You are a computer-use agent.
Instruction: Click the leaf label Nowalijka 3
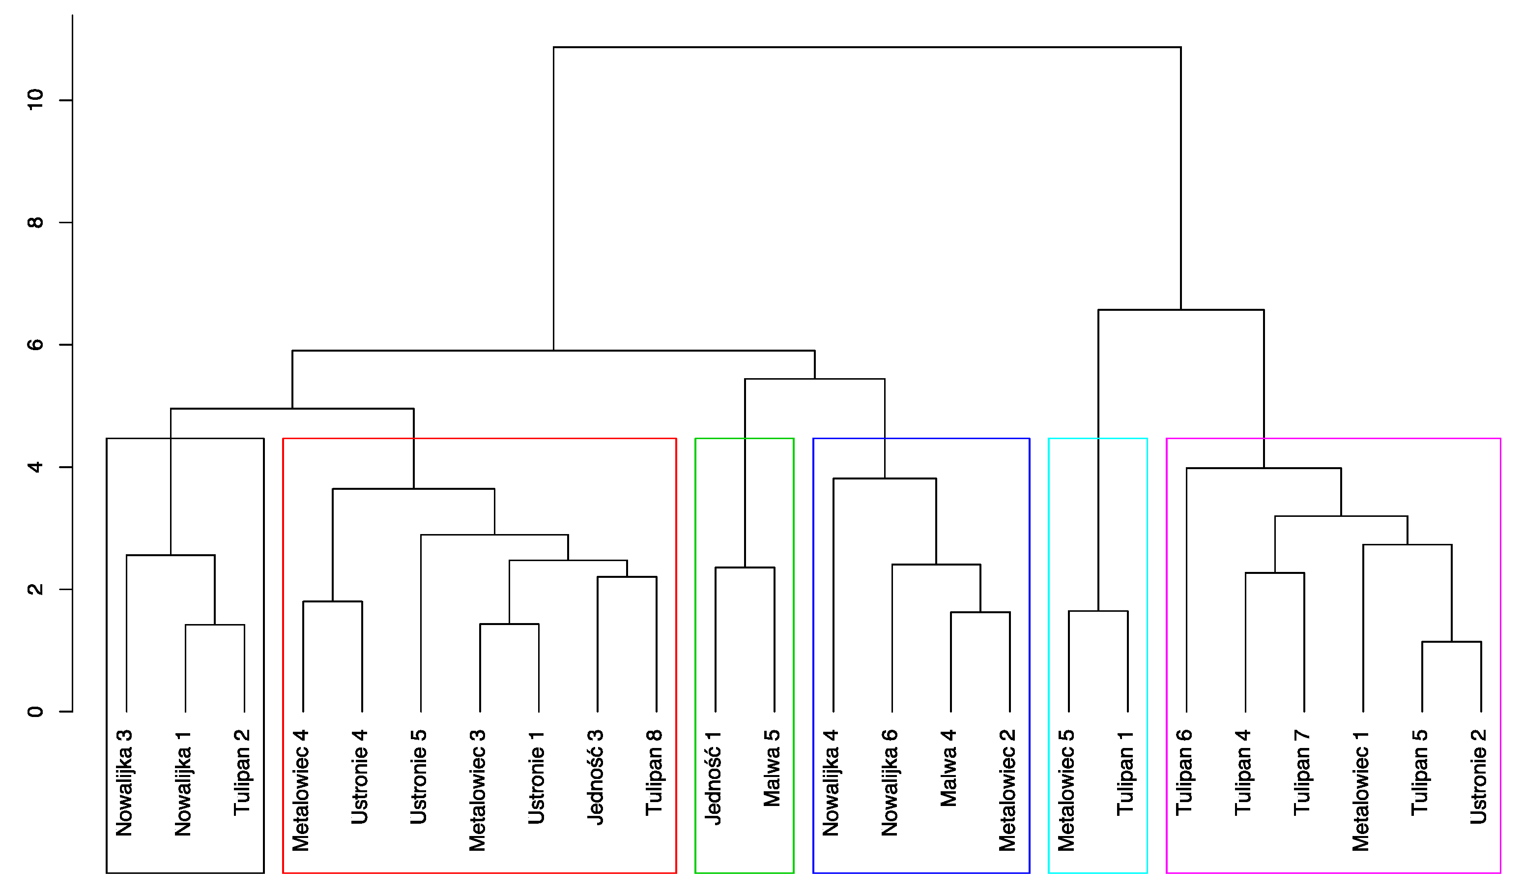tap(124, 783)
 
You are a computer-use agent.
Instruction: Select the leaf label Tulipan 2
tap(242, 772)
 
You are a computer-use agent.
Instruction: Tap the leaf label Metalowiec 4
tap(300, 790)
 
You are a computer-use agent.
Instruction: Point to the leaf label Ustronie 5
tap(418, 777)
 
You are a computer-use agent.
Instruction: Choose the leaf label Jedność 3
tap(595, 777)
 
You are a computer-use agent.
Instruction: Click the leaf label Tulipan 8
tap(654, 772)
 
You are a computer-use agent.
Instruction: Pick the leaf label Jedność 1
tap(713, 777)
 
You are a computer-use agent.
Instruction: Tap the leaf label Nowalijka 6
tap(890, 783)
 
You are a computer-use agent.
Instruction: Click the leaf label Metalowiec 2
tap(1007, 790)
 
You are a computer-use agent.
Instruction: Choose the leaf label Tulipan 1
tap(1125, 772)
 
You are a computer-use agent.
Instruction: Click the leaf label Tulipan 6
tap(1184, 772)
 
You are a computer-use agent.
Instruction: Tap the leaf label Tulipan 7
tap(1302, 772)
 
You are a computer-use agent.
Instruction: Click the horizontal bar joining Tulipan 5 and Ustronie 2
tap(1452, 642)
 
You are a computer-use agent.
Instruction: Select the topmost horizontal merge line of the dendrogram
tap(867, 47)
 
